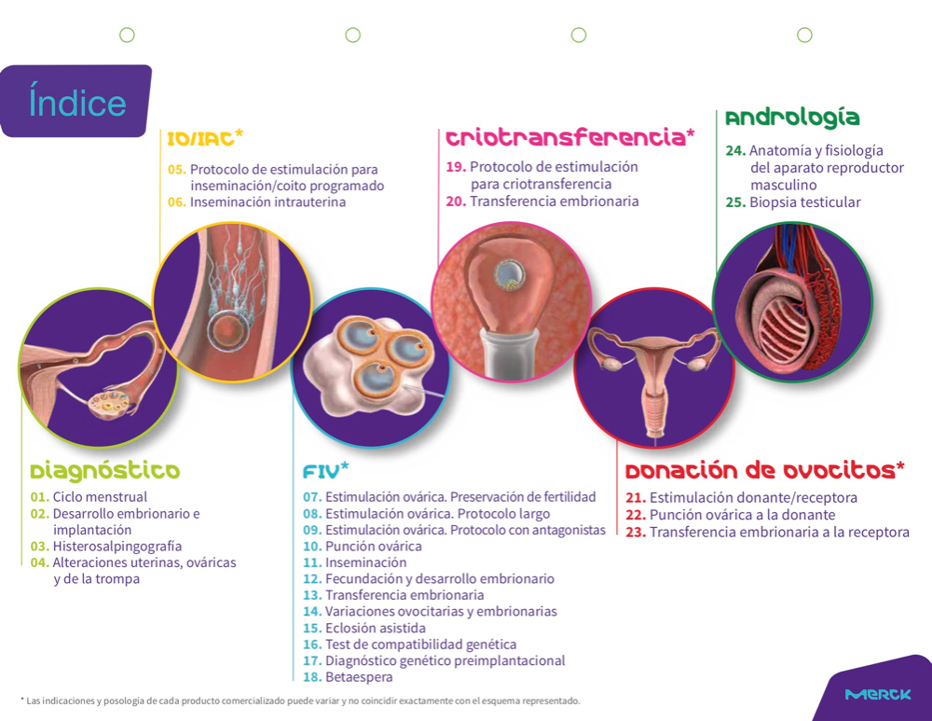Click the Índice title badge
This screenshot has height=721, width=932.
pos(75,101)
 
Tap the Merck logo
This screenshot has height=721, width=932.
pos(878,694)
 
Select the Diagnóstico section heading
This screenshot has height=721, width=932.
pos(105,470)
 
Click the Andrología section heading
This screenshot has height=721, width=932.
pos(792,118)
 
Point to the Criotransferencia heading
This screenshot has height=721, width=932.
pos(570,137)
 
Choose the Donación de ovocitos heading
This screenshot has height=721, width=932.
pos(765,470)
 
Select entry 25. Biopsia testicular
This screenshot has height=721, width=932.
pos(793,202)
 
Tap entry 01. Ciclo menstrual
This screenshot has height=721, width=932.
pos(89,497)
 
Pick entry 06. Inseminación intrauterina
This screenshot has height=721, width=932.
pos(257,202)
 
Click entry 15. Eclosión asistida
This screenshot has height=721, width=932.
pos(364,628)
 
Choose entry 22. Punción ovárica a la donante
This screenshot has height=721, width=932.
pos(731,515)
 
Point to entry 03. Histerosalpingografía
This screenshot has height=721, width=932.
pos(106,546)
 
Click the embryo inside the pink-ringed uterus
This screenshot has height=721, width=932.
pos(511,275)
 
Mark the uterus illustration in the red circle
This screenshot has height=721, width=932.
pos(654,376)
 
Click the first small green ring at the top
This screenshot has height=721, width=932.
pos(127,35)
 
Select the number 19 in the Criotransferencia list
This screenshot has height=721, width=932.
pos(456,167)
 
